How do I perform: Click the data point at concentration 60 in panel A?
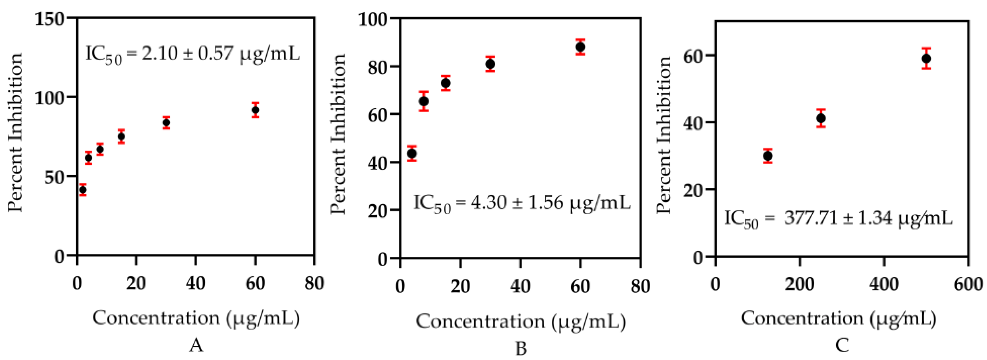[255, 110]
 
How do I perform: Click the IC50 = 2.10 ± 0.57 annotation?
[192, 54]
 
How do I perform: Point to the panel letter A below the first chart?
[196, 345]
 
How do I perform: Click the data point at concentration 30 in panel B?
[490, 64]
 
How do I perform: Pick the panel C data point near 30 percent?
[768, 156]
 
